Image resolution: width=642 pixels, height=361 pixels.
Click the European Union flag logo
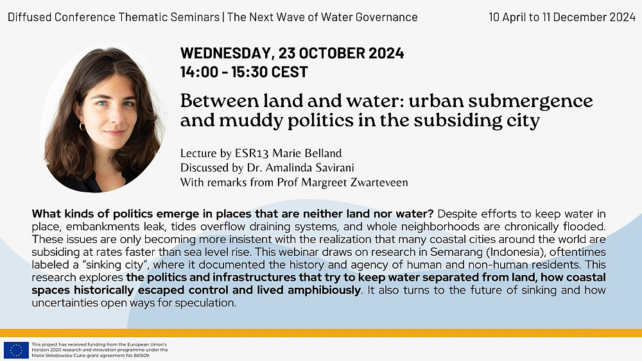(x=16, y=350)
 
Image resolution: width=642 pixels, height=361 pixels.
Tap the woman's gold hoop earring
(x=82, y=126)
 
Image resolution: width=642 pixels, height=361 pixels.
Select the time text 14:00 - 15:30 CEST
(x=244, y=72)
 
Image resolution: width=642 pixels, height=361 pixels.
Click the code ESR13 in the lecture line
(x=252, y=153)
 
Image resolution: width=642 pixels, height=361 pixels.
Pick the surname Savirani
(x=334, y=167)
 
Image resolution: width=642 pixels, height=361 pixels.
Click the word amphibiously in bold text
(x=324, y=290)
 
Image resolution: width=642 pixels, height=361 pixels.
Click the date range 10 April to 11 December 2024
(x=562, y=17)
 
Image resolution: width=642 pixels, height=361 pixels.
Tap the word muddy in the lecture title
(x=245, y=121)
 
